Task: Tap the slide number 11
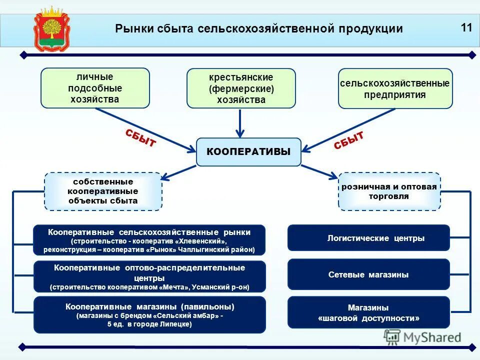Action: point(466,27)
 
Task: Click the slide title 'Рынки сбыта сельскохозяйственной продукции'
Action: point(258,29)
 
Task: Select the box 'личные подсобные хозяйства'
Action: point(95,88)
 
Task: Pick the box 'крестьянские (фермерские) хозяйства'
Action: point(241,88)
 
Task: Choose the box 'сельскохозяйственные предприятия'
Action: point(395,88)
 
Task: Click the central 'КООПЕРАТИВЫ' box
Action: point(248,152)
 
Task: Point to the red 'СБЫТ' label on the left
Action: point(140,137)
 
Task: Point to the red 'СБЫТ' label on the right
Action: point(348,140)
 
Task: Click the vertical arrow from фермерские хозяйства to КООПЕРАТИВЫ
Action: point(240,122)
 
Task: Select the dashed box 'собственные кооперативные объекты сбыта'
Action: point(103,191)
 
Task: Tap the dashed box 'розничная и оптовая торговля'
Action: point(389,191)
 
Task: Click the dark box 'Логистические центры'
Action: point(368,238)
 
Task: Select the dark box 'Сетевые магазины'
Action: point(368,274)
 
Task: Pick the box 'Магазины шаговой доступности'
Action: point(368,312)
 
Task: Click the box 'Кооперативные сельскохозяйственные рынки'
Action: point(149,240)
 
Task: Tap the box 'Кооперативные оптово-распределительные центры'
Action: point(149,276)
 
